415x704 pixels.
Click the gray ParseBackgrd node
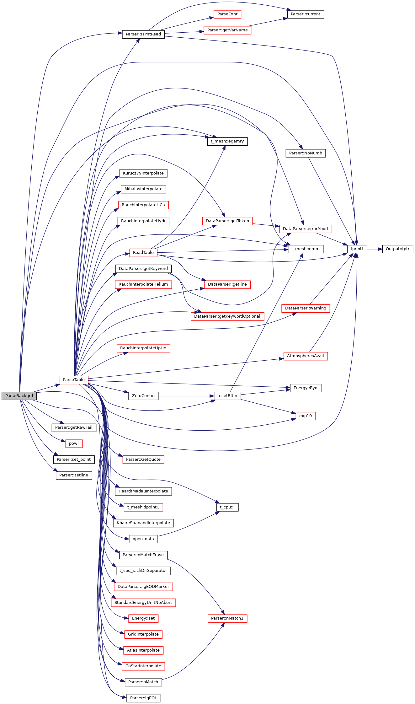[19, 396]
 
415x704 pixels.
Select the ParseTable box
[74, 380]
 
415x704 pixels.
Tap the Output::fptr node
[397, 249]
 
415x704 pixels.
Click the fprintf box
[357, 249]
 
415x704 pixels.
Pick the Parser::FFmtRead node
[143, 34]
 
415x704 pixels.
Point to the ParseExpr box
[227, 14]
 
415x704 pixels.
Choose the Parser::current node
[306, 14]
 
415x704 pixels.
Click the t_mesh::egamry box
[227, 141]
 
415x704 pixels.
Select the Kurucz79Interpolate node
[143, 173]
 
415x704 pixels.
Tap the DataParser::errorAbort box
[306, 229]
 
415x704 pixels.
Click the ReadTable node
[143, 253]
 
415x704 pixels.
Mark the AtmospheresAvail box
[306, 356]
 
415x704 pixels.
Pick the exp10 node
[306, 416]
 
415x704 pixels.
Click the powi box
[74, 443]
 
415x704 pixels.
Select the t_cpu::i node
[227, 507]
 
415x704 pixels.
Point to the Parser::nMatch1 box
[227, 618]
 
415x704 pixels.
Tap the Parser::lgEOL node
[143, 698]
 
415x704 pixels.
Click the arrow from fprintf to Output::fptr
[375, 249]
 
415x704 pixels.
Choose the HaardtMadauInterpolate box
[143, 491]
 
